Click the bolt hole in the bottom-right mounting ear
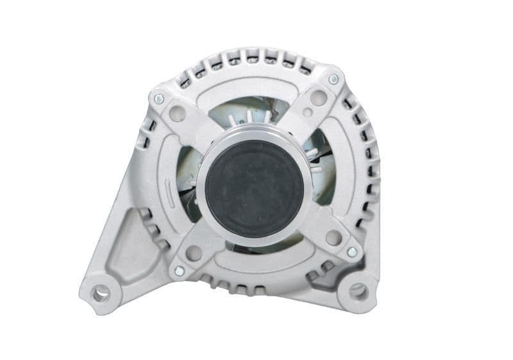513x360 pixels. coord(358,293)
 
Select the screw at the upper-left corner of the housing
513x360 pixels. coord(158,99)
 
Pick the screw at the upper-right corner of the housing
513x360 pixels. coord(333,80)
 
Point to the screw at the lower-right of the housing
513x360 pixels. coord(351,252)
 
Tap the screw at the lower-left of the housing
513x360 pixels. coord(179,271)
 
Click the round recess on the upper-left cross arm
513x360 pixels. coord(177,114)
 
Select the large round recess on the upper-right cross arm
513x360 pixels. coord(318,98)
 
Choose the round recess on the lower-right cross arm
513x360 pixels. coord(333,237)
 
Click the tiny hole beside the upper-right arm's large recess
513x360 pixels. coord(308,112)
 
